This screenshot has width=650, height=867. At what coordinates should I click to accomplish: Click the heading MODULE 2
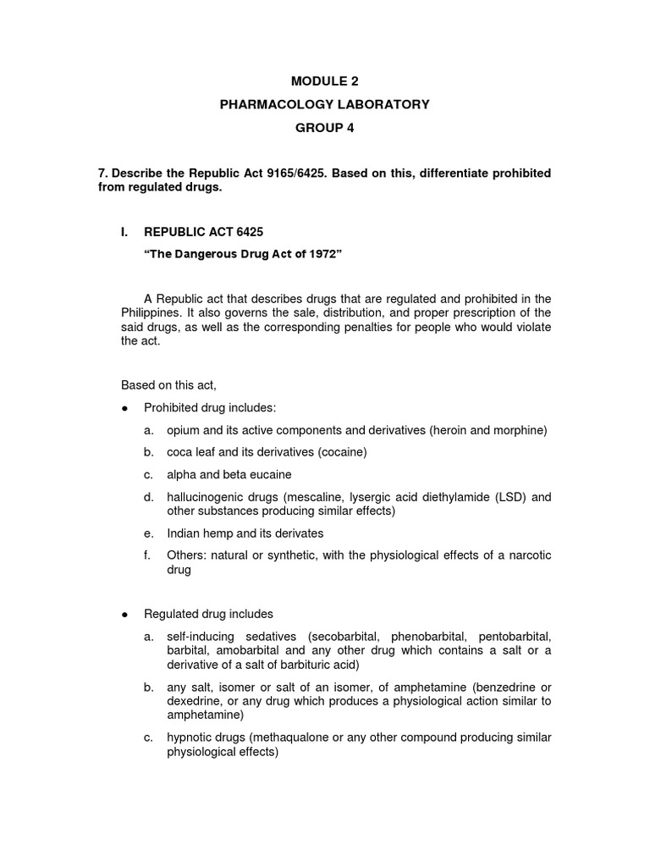pos(325,81)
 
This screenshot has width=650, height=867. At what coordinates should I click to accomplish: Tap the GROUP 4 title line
pos(325,127)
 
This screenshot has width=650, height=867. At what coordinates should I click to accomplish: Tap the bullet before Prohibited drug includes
pos(124,408)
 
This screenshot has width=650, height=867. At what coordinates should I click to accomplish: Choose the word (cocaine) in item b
pos(339,453)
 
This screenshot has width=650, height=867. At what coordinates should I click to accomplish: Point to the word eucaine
pos(268,475)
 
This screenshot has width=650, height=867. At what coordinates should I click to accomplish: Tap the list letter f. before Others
pos(147,555)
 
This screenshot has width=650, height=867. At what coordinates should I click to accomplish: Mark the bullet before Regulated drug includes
pos(124,613)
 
